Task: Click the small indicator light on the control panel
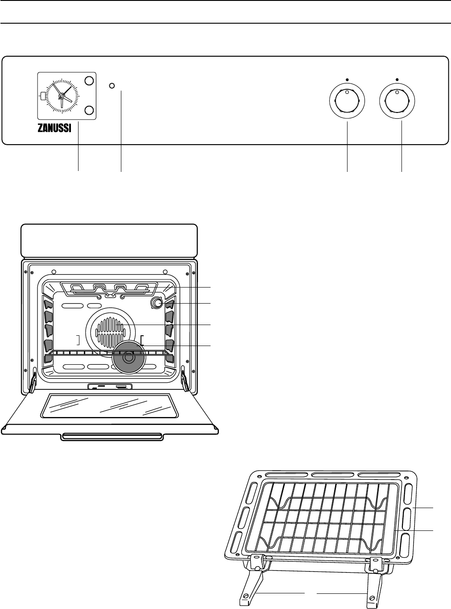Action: click(112, 85)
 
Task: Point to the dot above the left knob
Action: click(347, 78)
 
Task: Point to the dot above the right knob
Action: click(397, 78)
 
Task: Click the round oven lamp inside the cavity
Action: click(156, 303)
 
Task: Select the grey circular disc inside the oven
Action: click(128, 356)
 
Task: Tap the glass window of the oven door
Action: click(105, 405)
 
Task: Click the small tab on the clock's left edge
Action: click(42, 95)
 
